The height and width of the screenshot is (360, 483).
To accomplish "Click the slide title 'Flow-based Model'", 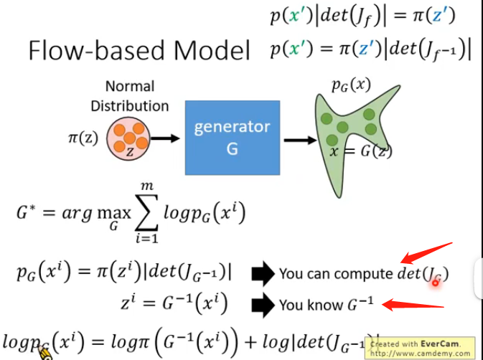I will (x=139, y=52).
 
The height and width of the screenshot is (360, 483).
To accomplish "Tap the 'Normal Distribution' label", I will (x=129, y=96).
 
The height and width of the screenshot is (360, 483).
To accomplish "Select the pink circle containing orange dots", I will (x=129, y=140).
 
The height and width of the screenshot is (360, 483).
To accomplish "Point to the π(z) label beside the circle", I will (x=85, y=136).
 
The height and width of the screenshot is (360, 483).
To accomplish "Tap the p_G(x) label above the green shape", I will (x=352, y=84).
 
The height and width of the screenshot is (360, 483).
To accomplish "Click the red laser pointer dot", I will (x=435, y=283).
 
